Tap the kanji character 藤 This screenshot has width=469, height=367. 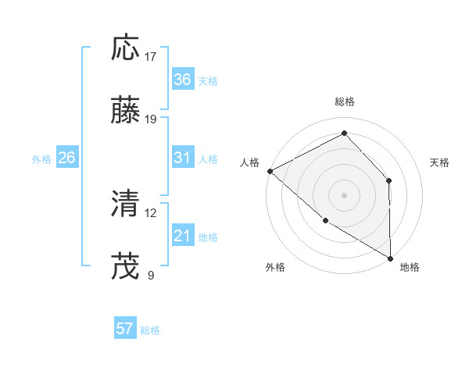tap(126, 111)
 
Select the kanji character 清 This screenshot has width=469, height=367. tap(126, 204)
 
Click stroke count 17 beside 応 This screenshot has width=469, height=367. tap(151, 57)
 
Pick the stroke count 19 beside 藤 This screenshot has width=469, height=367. tap(151, 119)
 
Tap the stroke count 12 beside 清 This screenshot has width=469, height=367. tap(151, 212)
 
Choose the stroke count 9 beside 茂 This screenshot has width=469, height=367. tap(151, 275)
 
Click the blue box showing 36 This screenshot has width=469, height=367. tap(182, 80)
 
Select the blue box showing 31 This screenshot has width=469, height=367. tap(182, 158)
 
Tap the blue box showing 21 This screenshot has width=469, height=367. tap(182, 236)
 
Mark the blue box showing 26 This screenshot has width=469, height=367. tap(66, 158)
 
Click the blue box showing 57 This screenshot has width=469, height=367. tap(125, 329)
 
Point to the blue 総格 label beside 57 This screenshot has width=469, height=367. tap(150, 330)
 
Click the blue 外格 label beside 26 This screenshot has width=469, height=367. tap(41, 159)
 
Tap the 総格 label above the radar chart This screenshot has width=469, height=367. tap(345, 102)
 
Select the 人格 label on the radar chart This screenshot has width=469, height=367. tap(249, 162)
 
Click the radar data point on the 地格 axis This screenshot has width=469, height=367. tap(390, 258)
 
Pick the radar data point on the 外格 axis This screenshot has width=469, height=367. tap(325, 221)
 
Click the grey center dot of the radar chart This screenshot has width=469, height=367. tap(345, 194)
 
